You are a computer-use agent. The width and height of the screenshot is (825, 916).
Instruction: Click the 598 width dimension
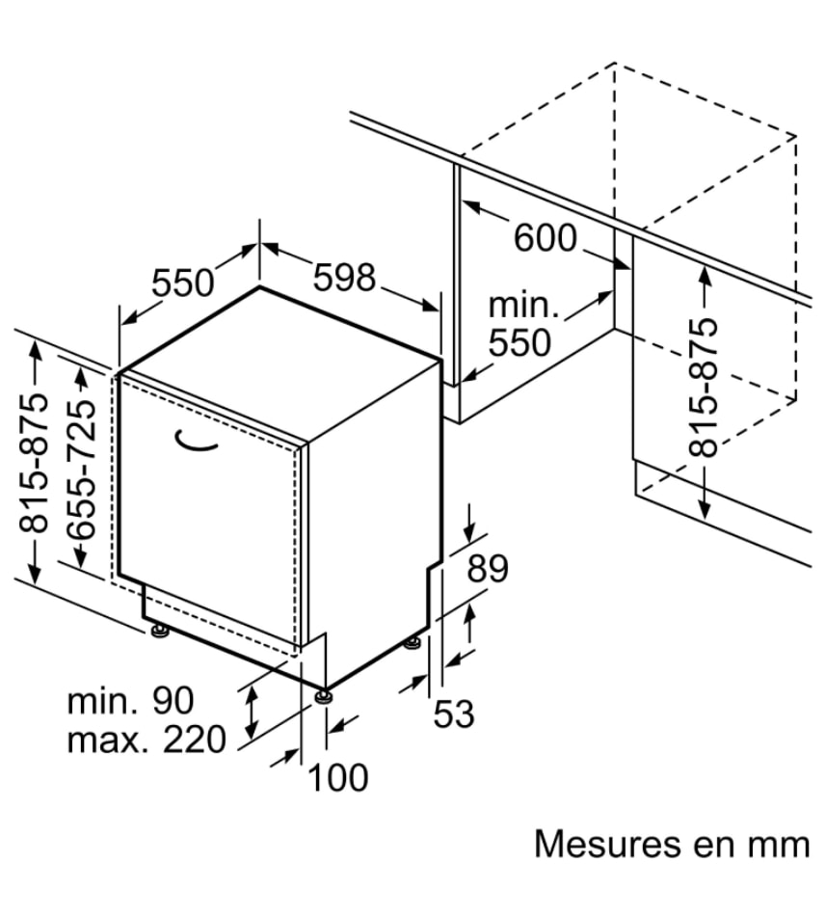click(x=344, y=278)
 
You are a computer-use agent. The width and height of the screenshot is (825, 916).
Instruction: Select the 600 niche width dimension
click(x=545, y=237)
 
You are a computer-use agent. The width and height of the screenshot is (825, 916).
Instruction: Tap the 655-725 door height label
click(x=83, y=469)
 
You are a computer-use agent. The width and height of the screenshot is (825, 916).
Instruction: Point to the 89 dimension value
click(x=487, y=569)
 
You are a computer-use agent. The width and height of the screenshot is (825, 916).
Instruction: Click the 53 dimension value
click(x=454, y=714)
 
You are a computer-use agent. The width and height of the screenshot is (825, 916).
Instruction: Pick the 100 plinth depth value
click(x=337, y=776)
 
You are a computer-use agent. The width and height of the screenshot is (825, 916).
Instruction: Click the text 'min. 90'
click(x=130, y=701)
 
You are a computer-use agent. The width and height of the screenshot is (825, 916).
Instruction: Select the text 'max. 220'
click(x=146, y=740)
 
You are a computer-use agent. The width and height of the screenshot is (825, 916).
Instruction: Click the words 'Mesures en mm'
click(x=672, y=844)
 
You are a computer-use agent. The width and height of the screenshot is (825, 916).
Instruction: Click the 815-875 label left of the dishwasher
click(x=35, y=463)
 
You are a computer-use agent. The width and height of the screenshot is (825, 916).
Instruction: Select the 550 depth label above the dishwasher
click(x=182, y=283)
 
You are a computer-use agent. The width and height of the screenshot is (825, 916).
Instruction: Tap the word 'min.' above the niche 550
click(x=523, y=306)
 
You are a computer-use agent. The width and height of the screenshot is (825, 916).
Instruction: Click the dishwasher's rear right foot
click(x=413, y=640)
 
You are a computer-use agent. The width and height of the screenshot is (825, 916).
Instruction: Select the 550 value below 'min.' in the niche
click(x=520, y=342)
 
